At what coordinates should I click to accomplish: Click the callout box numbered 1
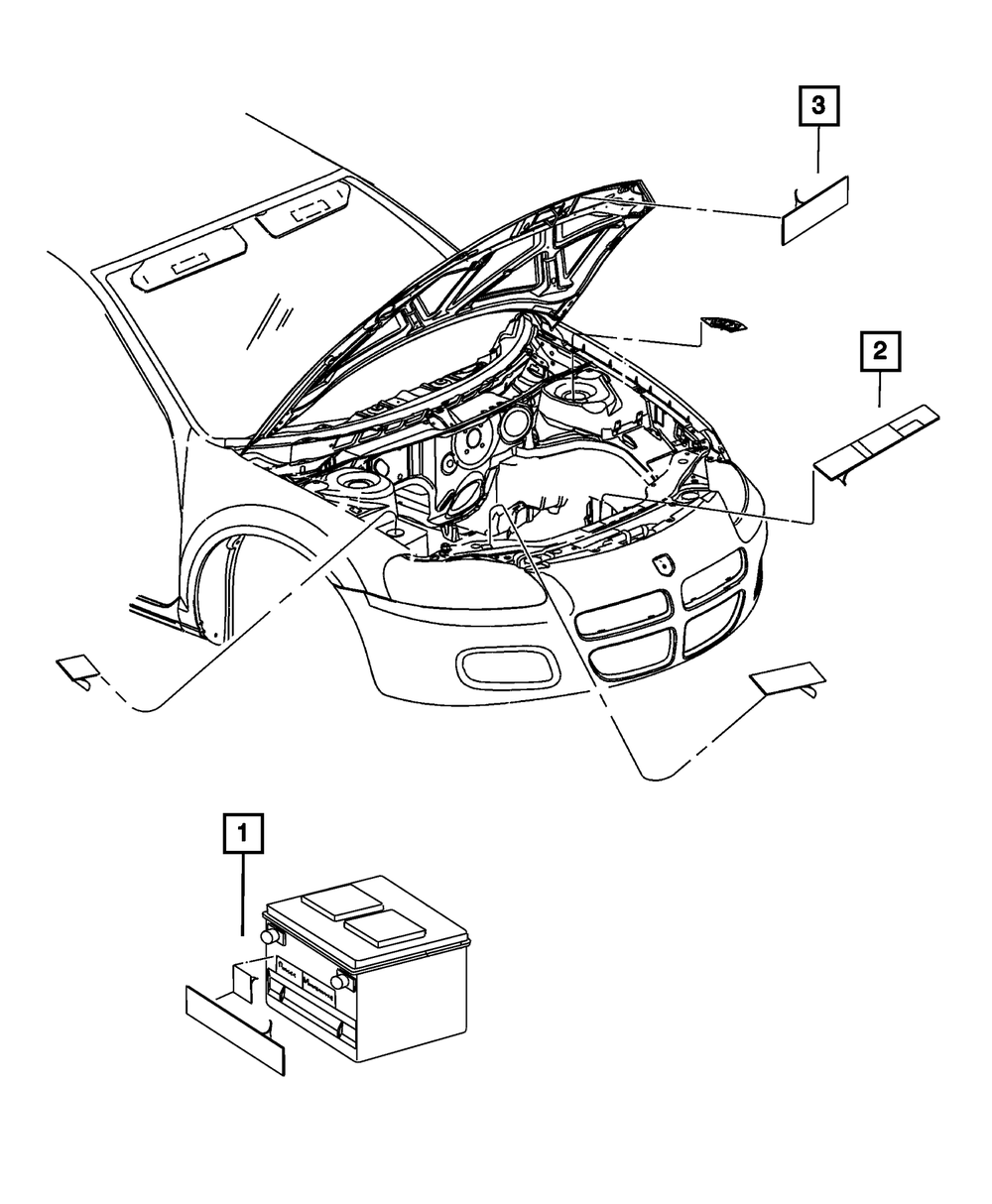(x=244, y=834)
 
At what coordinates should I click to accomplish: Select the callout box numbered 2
(x=880, y=352)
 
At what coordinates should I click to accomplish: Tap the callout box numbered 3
(x=818, y=106)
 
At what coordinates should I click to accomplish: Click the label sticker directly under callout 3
(x=815, y=210)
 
